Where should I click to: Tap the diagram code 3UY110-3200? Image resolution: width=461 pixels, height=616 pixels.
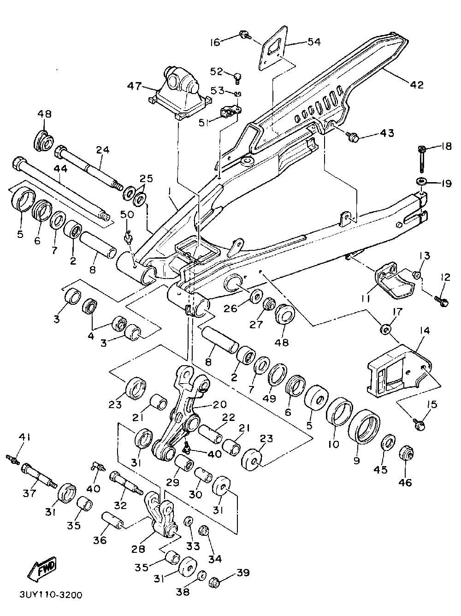(51, 595)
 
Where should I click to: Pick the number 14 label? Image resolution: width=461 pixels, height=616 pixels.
(424, 331)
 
